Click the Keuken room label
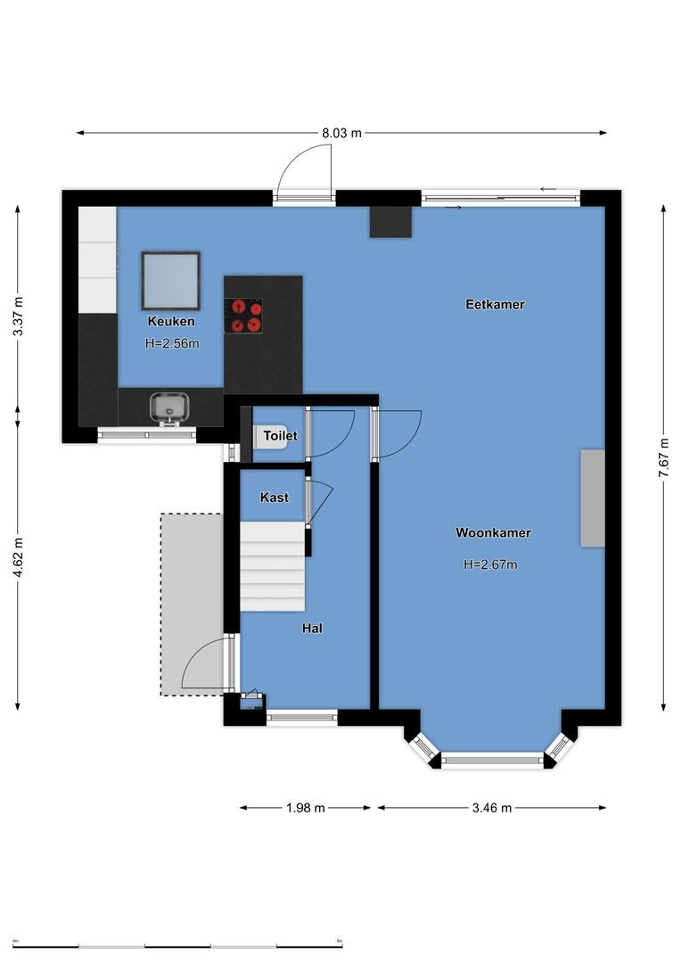click(171, 321)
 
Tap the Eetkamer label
click(495, 304)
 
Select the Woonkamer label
click(493, 533)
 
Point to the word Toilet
click(280, 436)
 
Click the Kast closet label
click(274, 498)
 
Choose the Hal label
click(312, 629)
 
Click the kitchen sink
click(168, 407)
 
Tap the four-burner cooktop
click(243, 316)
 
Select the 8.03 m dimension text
click(342, 133)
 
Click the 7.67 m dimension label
click(663, 457)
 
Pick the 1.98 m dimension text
click(306, 808)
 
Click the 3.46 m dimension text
click(492, 808)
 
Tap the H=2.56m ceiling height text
click(171, 342)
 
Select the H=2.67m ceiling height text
click(490, 564)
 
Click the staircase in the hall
click(272, 566)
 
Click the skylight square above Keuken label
click(170, 280)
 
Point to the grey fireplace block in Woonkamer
click(592, 498)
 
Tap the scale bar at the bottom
click(178, 945)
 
